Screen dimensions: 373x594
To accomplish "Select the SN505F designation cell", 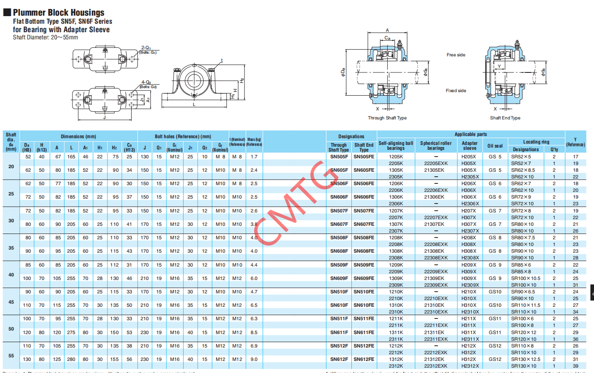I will coord(339,157).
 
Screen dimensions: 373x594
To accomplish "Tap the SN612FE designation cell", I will coord(364,359).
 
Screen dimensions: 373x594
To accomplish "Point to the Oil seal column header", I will coord(495,146).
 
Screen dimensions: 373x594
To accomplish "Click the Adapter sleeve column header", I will coord(470,146).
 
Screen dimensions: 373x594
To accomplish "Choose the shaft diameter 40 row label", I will coord(11,275).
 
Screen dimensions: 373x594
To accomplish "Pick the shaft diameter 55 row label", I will coord(11,356).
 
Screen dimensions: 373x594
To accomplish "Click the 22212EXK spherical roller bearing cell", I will coord(436,352).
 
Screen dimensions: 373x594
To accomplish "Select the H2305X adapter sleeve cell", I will coord(470,177).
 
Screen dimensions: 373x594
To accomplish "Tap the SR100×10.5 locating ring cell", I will coord(526,278).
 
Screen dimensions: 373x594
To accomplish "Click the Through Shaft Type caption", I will coord(387,118).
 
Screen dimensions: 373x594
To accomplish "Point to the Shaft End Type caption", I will coord(505,118).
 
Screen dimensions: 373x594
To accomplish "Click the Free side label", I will coord(456,55).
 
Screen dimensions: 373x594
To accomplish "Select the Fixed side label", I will coord(456,91).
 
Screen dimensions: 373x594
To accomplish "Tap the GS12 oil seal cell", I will coord(495,346).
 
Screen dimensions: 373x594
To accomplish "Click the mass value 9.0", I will coord(254,359).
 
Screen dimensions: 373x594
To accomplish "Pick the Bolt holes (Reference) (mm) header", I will coord(183,136).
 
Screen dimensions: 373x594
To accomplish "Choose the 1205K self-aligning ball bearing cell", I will coord(396,157).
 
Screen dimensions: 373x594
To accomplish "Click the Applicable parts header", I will coord(470,134).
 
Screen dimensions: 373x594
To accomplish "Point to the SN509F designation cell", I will coord(339,265).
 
